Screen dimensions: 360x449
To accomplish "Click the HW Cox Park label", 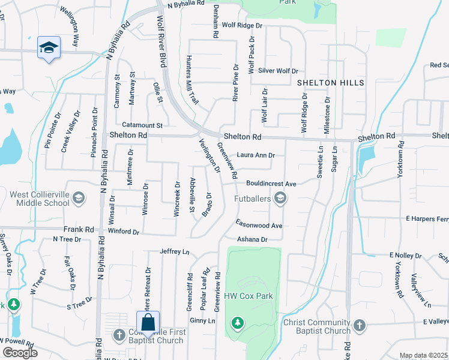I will (249, 296).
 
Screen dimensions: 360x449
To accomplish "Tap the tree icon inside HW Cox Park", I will (238, 323).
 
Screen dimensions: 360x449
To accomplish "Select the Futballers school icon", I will (280, 197).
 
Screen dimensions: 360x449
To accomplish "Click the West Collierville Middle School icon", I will (77, 198).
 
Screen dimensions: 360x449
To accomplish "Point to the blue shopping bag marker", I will (148, 322).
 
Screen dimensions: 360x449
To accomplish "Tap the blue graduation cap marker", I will (49, 47).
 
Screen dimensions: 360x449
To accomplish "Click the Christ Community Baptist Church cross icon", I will (359, 326).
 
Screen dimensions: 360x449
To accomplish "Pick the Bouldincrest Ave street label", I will (272, 183).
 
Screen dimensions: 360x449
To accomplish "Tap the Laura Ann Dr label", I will (256, 155).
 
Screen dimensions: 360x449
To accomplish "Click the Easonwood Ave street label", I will (259, 226).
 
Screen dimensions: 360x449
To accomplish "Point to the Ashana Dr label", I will (252, 239).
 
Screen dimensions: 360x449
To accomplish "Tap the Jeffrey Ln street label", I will (174, 251).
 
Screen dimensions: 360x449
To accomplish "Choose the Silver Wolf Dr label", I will (278, 70).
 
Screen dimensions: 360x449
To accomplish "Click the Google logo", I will (20, 353).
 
